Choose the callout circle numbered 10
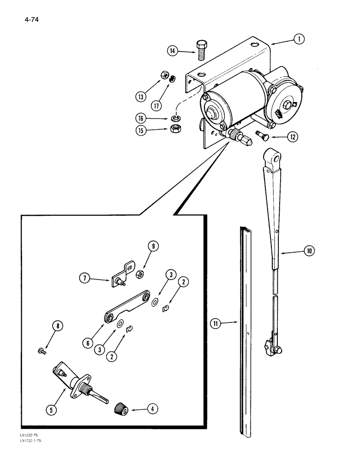[x=308, y=251]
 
